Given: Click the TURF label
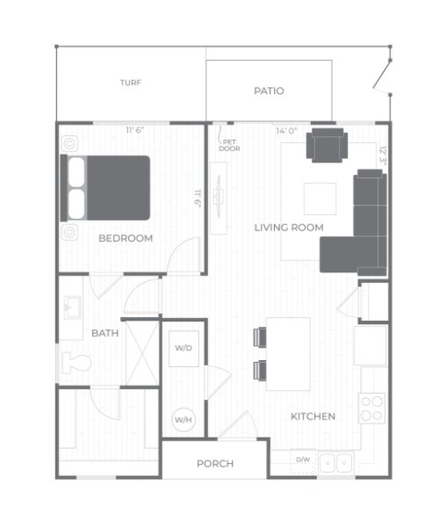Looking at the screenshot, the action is click(x=131, y=83).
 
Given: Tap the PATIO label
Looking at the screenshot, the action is click(x=269, y=90).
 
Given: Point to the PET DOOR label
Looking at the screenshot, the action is click(x=229, y=145).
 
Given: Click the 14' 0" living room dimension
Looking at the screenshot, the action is click(x=286, y=131).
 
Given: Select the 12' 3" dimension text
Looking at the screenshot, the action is click(x=383, y=155).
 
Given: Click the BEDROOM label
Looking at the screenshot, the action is click(x=126, y=238).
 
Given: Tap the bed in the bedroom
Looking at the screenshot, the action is click(x=105, y=188).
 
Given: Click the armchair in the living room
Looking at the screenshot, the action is click(x=327, y=145).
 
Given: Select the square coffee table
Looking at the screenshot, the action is click(x=320, y=199).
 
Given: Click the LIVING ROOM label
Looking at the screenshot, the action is click(x=289, y=228).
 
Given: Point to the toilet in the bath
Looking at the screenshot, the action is click(x=76, y=363).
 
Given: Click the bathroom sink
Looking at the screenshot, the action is click(x=72, y=307).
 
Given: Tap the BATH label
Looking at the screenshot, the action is click(x=105, y=333).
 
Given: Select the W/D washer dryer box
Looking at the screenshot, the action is click(x=184, y=349).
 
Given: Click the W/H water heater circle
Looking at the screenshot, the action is click(x=184, y=419).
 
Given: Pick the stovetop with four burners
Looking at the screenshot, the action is click(x=372, y=408).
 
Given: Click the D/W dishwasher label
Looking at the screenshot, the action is click(x=303, y=459).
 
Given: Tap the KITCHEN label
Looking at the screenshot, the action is click(x=313, y=416).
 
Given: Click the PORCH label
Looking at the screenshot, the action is click(x=215, y=464).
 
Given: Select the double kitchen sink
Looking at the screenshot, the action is click(x=336, y=463).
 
